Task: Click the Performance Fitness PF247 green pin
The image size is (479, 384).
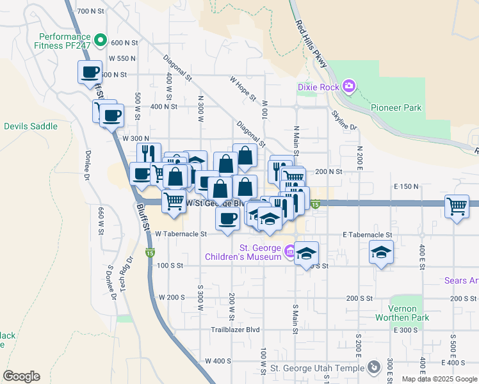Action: tap(101, 42)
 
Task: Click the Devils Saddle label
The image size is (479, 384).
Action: tap(31, 126)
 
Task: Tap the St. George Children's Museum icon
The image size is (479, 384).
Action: tap(290, 250)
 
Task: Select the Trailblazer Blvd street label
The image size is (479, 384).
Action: tap(236, 330)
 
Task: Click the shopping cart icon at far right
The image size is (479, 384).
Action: tap(457, 207)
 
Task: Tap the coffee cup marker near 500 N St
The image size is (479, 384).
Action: tap(90, 72)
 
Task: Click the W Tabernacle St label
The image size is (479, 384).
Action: tap(181, 234)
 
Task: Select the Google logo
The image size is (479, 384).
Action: tap(21, 376)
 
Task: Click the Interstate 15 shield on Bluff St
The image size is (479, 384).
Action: tap(150, 253)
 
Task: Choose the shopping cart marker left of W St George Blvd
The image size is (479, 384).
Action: tap(174, 201)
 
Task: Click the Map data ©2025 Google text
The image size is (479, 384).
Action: tap(439, 379)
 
